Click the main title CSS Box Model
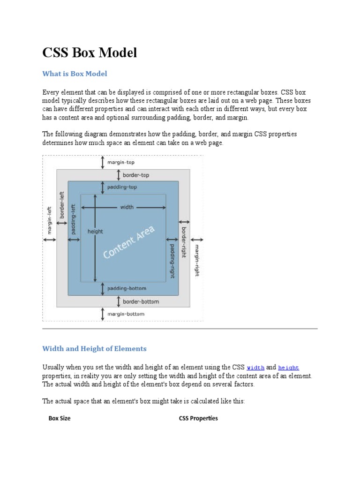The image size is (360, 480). pos(90,53)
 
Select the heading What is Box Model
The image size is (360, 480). pos(75,74)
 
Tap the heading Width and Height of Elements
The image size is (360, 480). pos(94,349)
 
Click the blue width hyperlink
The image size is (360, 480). pos(255,367)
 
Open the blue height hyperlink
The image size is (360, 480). pos(288,367)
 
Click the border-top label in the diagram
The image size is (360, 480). pos(135,175)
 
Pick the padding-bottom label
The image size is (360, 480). pos(127,288)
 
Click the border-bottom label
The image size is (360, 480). pos(141,301)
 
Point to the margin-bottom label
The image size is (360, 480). pos(126,314)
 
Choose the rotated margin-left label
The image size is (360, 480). pos(49,219)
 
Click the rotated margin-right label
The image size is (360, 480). pos(197,260)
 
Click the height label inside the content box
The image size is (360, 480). pos(95,231)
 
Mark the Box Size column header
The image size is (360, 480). pos(60,418)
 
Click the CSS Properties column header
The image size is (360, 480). pos(198,418)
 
